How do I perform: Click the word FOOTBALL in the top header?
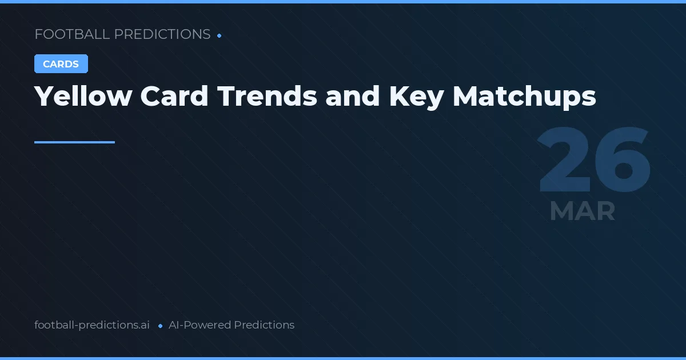pyautogui.click(x=72, y=34)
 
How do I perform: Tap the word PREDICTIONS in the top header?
pyautogui.click(x=162, y=34)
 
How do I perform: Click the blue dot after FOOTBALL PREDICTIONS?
pyautogui.click(x=220, y=35)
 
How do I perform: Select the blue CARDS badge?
pyautogui.click(x=61, y=64)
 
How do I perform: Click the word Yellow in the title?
pyautogui.click(x=83, y=96)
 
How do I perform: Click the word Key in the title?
pyautogui.click(x=416, y=96)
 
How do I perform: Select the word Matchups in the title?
pyautogui.click(x=524, y=96)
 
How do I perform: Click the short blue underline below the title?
pyautogui.click(x=74, y=142)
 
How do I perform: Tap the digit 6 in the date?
pyautogui.click(x=622, y=161)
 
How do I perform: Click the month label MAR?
pyautogui.click(x=582, y=211)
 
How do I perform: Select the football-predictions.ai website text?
pyautogui.click(x=92, y=325)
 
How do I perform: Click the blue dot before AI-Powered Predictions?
pyautogui.click(x=160, y=326)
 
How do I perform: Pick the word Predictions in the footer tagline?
pyautogui.click(x=264, y=325)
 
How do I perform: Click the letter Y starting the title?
pyautogui.click(x=43, y=96)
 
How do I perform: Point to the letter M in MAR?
pyautogui.click(x=561, y=211)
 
